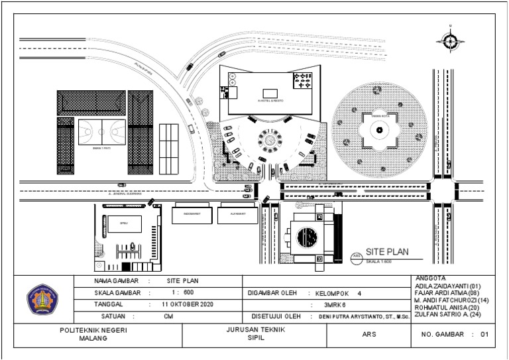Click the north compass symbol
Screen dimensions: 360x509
tap(449, 40)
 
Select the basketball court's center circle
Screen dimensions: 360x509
tap(101, 131)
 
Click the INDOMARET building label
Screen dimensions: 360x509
tap(192, 215)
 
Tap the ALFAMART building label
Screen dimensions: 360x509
tap(238, 215)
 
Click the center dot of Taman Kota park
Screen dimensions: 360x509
tap(379, 131)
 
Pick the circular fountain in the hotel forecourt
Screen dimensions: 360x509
tap(270, 140)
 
